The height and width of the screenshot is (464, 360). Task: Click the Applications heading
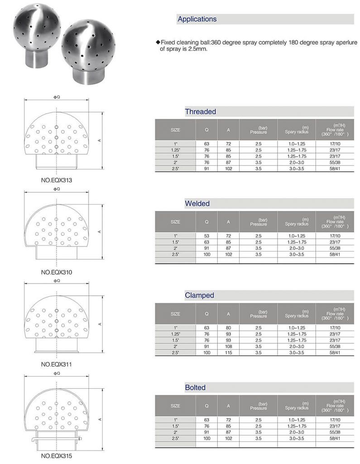point(197,19)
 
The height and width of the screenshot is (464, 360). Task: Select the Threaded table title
point(200,111)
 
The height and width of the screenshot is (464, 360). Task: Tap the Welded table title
point(197,203)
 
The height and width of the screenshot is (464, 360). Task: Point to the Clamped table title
point(199,295)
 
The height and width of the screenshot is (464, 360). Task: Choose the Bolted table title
point(195,387)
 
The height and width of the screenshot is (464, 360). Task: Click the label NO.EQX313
point(57,180)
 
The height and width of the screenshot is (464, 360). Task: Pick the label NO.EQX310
point(57,272)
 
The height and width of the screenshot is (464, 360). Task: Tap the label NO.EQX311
point(57,364)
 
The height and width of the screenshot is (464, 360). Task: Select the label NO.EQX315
point(57,456)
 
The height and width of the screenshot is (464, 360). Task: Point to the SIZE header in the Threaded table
point(175,130)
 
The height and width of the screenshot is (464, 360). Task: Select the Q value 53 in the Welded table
point(206,236)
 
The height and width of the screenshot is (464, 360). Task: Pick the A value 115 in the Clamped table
point(228,353)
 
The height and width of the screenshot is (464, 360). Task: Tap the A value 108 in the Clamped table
point(228,346)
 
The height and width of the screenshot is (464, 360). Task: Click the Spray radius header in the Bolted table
point(297,406)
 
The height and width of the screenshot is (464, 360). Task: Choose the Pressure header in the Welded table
point(259,222)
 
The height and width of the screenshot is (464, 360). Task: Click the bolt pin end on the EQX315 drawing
point(34,440)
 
